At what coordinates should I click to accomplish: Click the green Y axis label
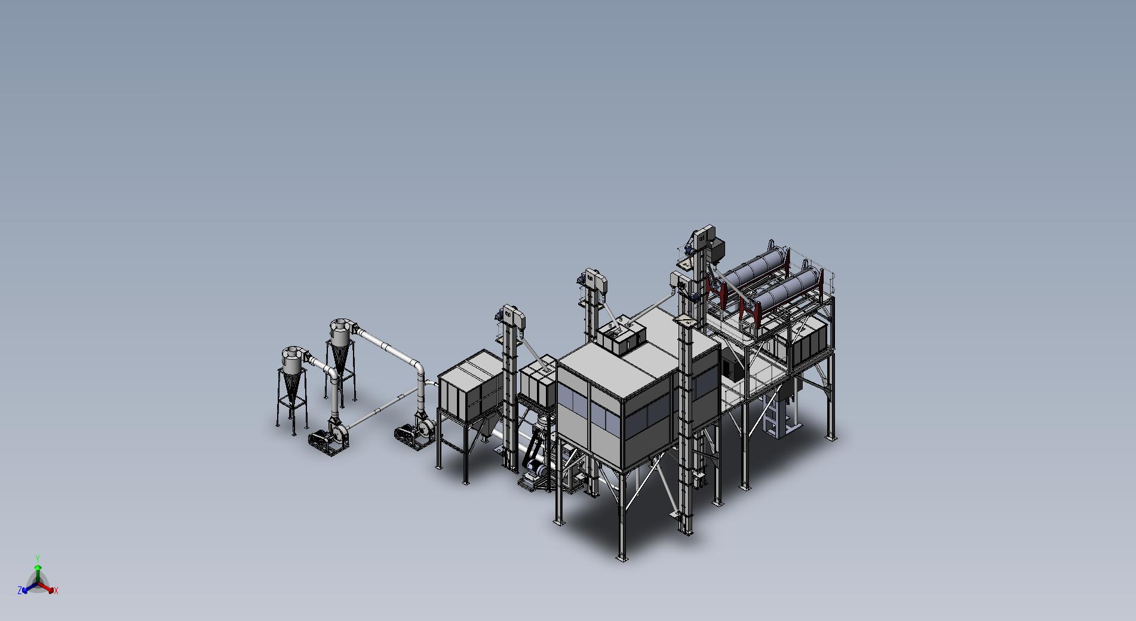pos(38,558)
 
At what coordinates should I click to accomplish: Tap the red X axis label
pos(56,591)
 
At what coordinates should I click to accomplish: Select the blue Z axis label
pos(20,590)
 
